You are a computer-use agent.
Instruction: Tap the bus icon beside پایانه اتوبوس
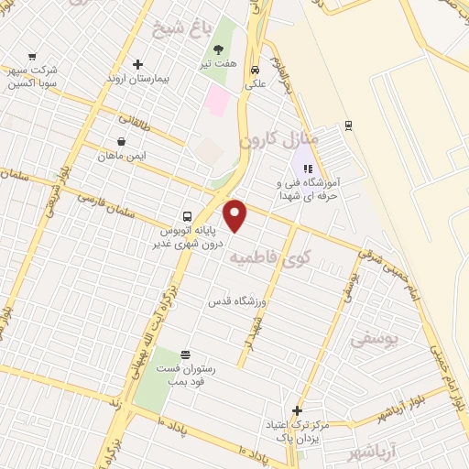click(x=188, y=217)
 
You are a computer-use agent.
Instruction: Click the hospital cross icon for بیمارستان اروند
click(x=137, y=64)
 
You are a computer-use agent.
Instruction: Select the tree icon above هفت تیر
click(x=218, y=49)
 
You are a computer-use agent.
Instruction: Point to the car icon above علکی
click(x=256, y=70)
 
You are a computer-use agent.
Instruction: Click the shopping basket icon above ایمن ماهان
click(x=122, y=141)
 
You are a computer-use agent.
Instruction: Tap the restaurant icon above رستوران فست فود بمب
click(x=186, y=354)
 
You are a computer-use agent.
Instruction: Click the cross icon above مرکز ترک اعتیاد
click(x=296, y=410)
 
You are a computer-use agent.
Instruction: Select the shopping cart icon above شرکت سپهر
click(x=33, y=57)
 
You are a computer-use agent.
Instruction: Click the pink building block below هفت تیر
click(x=217, y=100)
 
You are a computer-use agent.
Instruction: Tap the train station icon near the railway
click(x=347, y=125)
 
